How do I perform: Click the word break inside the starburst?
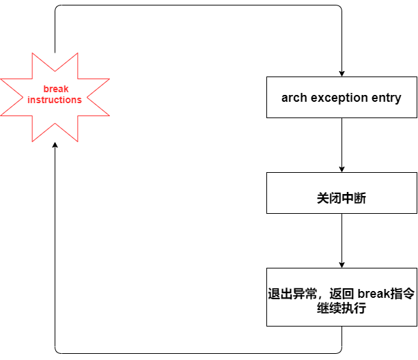pyautogui.click(x=56, y=89)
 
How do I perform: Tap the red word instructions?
pyautogui.click(x=55, y=100)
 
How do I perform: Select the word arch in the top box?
pyautogui.click(x=294, y=98)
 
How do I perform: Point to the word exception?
pyautogui.click(x=339, y=98)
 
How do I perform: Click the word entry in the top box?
pyautogui.click(x=386, y=98)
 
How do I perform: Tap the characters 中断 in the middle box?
pyautogui.click(x=354, y=198)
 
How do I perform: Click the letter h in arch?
pyautogui.click(x=303, y=98)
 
